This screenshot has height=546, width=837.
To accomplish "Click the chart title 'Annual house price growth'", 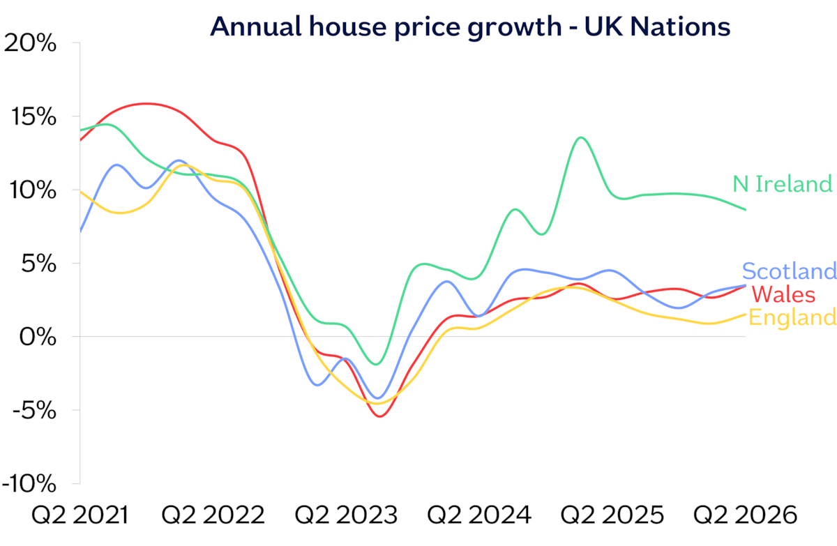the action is click(x=386, y=28).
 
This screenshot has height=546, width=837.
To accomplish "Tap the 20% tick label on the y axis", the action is click(x=30, y=43).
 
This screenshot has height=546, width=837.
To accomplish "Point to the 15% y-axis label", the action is click(x=33, y=117).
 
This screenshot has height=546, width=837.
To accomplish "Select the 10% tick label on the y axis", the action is click(x=33, y=190).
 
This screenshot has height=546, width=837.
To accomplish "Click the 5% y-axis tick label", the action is click(x=39, y=264).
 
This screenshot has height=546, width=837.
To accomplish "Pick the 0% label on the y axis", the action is click(x=38, y=338).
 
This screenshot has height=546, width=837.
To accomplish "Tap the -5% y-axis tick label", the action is click(x=34, y=411).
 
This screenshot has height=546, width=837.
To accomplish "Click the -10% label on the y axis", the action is click(x=29, y=484).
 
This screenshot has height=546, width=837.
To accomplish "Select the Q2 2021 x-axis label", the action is click(x=80, y=515).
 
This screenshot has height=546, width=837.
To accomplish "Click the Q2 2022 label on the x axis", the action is click(x=213, y=515).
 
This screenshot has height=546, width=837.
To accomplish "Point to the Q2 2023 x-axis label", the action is click(x=346, y=515).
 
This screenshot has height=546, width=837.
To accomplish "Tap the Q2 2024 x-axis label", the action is click(x=479, y=515).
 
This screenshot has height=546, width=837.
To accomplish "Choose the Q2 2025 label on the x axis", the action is click(x=612, y=515).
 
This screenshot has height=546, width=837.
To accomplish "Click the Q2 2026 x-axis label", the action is click(x=745, y=515).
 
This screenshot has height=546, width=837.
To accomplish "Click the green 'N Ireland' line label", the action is click(x=783, y=184).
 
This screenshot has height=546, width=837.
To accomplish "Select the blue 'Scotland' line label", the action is click(x=789, y=271).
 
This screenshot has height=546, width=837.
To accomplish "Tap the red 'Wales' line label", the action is click(x=783, y=295).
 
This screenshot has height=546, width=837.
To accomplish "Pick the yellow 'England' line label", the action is click(x=792, y=318).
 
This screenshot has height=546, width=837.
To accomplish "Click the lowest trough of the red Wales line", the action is click(x=379, y=416).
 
